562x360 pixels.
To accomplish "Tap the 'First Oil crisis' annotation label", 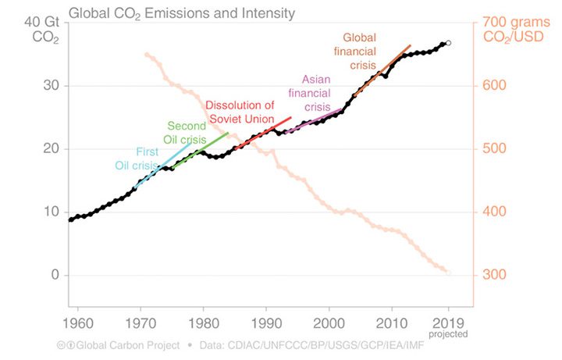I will point(137,158).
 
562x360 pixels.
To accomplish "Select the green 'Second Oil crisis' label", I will point(187,133).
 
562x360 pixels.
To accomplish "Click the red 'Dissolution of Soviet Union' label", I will point(240,112).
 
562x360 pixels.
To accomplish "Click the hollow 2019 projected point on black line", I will point(448,43).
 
